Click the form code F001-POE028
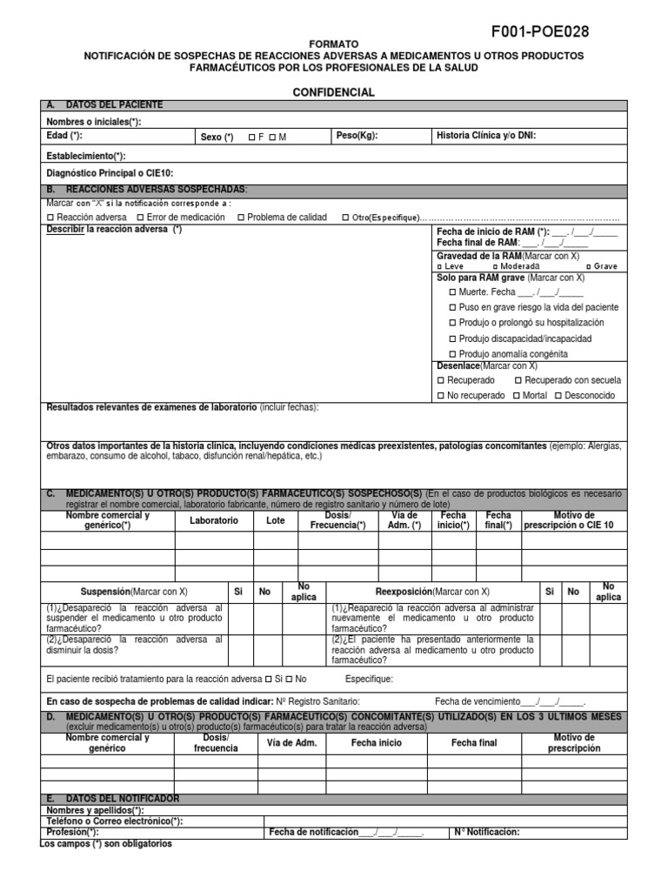[x=540, y=32]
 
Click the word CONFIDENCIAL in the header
[x=334, y=92]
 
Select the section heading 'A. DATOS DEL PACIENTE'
[x=110, y=105]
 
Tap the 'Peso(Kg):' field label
[x=357, y=137]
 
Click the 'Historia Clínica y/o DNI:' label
[x=487, y=137]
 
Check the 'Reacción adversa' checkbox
[x=50, y=218]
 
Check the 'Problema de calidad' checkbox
[x=241, y=218]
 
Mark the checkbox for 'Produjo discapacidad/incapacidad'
[x=452, y=338]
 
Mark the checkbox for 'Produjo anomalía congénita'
[x=452, y=354]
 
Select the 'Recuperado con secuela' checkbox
[x=519, y=380]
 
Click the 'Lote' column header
[x=275, y=520]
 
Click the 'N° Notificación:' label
[x=487, y=832]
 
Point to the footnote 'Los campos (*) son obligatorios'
[x=106, y=844]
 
